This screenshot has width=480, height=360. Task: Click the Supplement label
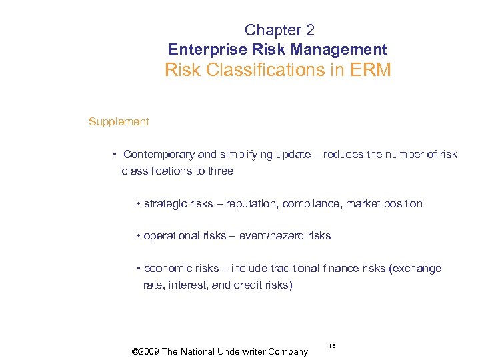point(119,121)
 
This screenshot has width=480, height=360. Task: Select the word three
point(221,171)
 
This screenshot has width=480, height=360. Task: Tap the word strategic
point(165,203)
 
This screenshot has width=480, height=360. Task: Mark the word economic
point(166,268)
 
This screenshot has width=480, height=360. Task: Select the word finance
point(357,268)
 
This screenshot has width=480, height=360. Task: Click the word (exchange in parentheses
point(417,268)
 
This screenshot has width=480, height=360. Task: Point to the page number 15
point(332,346)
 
